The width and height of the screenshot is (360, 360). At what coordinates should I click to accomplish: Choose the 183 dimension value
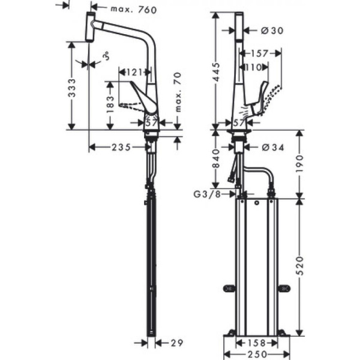(110, 106)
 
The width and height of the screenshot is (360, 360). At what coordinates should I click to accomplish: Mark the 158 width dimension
(260, 344)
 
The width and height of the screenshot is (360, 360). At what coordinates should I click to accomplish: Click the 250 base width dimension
(260, 355)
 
